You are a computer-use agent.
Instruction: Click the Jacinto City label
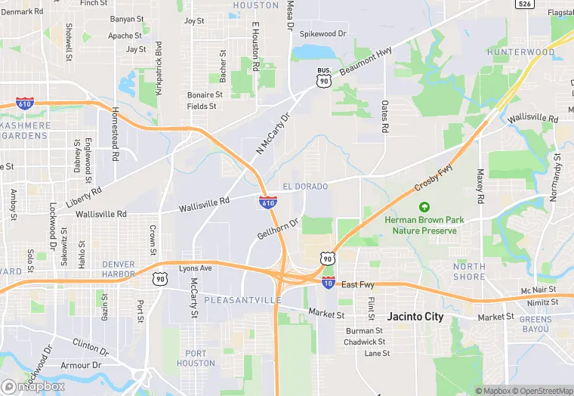click(415, 317)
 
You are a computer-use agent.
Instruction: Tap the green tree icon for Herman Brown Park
click(424, 206)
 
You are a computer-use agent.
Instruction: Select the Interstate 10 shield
click(328, 283)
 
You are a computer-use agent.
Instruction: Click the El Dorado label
click(305, 186)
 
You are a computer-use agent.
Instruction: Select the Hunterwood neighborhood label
click(520, 52)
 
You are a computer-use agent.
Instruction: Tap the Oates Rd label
click(384, 117)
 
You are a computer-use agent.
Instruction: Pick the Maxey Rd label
click(480, 186)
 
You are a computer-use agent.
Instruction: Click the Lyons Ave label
click(196, 268)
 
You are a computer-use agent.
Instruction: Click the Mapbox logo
click(32, 385)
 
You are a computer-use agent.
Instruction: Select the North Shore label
click(469, 271)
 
